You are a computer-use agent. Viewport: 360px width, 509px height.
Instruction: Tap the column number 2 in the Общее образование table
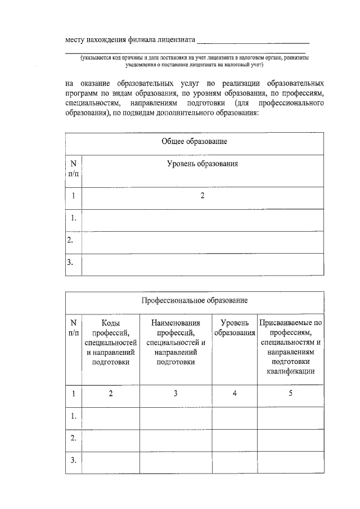click(202, 196)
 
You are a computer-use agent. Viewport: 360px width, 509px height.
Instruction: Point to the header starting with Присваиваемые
click(290, 347)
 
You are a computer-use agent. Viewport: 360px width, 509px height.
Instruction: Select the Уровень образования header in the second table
click(235, 328)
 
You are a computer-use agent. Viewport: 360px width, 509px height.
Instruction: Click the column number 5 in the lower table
click(290, 394)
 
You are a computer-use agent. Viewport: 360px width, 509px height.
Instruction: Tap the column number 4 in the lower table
click(235, 394)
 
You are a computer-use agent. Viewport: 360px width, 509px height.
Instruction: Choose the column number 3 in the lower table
click(176, 394)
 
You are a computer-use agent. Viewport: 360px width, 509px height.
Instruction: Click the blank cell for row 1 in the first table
click(202, 219)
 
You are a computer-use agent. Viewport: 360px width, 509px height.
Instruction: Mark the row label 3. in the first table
click(71, 263)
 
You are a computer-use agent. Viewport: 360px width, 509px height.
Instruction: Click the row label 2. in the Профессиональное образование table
click(74, 438)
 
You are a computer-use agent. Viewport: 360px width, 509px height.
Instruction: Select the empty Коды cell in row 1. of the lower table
click(111, 417)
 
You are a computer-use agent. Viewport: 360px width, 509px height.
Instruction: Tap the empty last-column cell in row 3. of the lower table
click(290, 461)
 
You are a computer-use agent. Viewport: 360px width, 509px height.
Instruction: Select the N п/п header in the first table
click(74, 167)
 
